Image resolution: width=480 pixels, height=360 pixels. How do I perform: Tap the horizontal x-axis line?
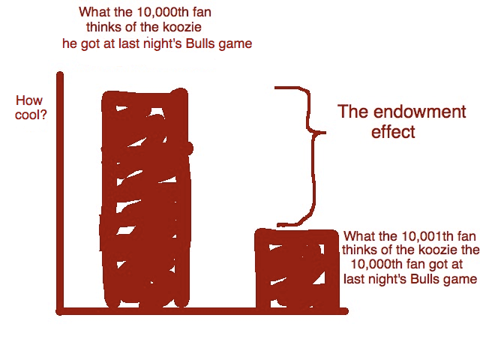click(x=202, y=310)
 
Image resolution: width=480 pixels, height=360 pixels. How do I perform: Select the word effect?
click(x=393, y=133)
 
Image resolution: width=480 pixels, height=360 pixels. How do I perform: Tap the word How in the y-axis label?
click(x=29, y=100)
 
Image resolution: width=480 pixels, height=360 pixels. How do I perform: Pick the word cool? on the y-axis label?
click(x=31, y=115)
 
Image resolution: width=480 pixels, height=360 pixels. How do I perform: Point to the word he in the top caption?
click(x=69, y=43)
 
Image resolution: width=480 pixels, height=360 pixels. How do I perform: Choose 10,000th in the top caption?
click(x=157, y=13)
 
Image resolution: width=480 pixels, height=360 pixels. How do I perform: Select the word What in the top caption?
click(x=94, y=13)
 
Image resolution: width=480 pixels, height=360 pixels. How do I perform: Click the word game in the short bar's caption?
click(x=462, y=280)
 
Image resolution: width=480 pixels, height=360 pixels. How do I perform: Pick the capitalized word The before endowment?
click(x=352, y=112)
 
